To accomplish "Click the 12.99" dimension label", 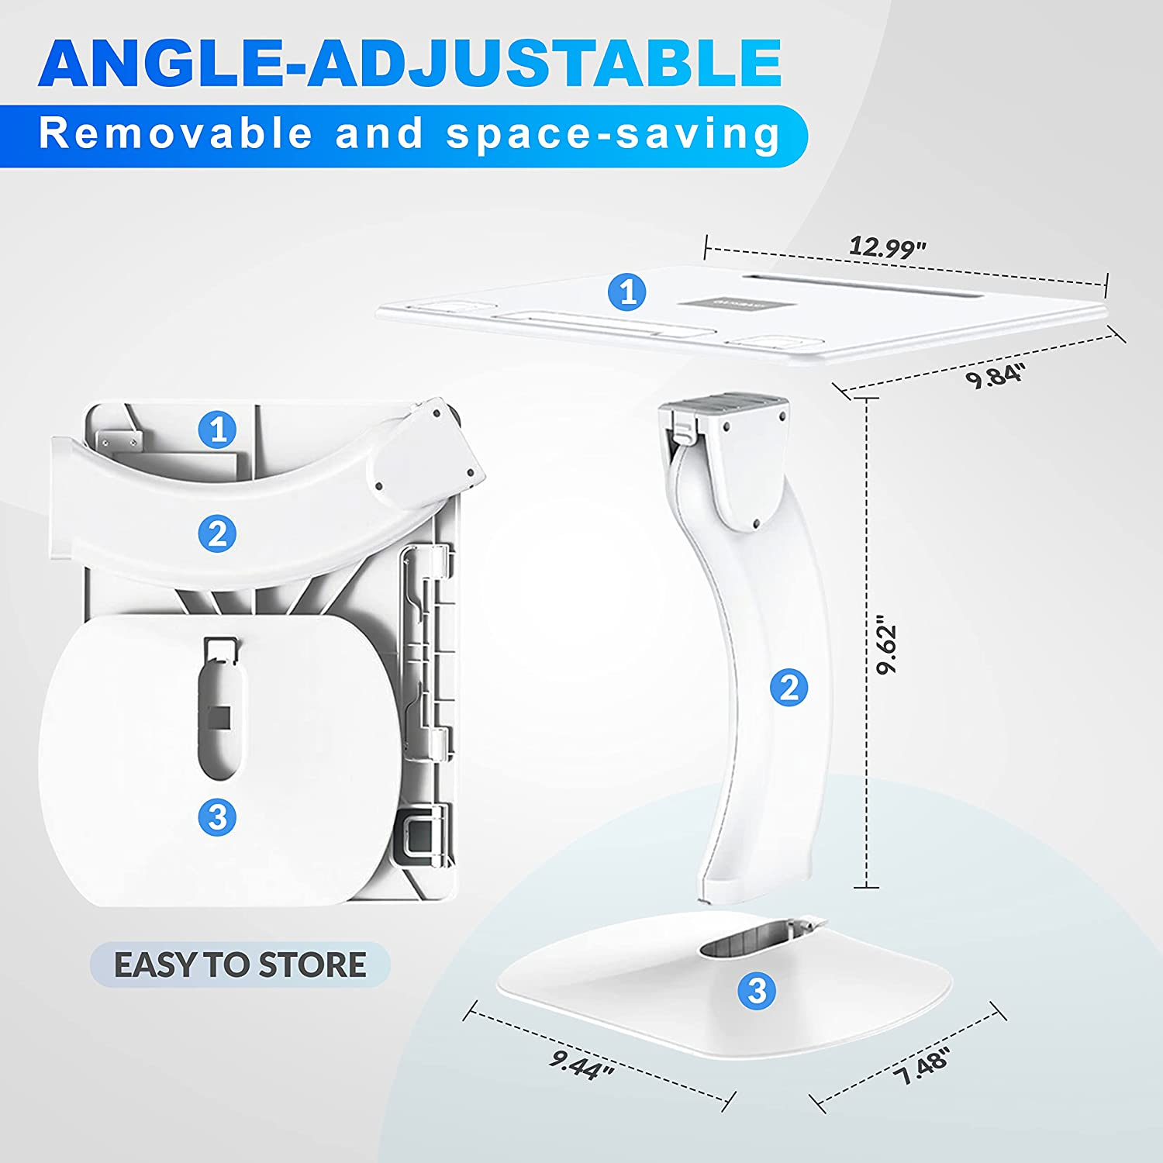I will (x=887, y=248).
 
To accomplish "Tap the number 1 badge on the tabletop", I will (x=627, y=292).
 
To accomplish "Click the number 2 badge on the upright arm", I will (x=789, y=688).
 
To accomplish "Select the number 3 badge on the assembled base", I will (x=757, y=990).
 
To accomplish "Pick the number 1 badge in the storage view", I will (x=217, y=429).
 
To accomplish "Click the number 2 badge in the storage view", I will (x=217, y=534).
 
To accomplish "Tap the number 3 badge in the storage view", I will (x=217, y=816).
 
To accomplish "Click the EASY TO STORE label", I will (x=240, y=965).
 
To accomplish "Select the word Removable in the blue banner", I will (x=175, y=133).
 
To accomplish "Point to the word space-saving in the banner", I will (x=613, y=133).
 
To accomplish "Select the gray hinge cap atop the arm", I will (x=725, y=405).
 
